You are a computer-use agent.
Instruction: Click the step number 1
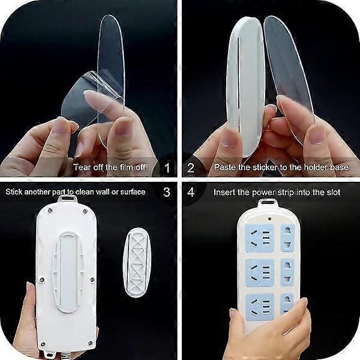point(167,168)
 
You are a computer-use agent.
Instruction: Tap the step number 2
point(191,168)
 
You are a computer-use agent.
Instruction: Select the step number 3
point(167,193)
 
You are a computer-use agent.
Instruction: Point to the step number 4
point(191,193)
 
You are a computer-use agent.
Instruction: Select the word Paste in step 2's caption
point(224,168)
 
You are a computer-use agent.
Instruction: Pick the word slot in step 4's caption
point(331,193)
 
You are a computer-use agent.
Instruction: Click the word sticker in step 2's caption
point(262,168)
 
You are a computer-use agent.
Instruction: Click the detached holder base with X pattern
point(136,262)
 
